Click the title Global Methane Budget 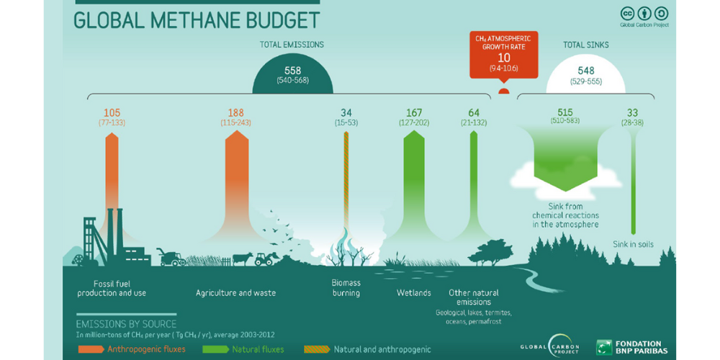pyautogui.click(x=196, y=19)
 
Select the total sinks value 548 pyautogui.click(x=585, y=71)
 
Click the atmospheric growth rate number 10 pyautogui.click(x=503, y=58)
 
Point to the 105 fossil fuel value pyautogui.click(x=111, y=112)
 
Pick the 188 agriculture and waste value pyautogui.click(x=235, y=112)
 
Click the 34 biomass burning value pyautogui.click(x=346, y=112)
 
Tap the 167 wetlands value pyautogui.click(x=414, y=112)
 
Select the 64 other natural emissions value pyautogui.click(x=473, y=112)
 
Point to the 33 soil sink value pyautogui.click(x=633, y=112)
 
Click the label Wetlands pyautogui.click(x=414, y=293)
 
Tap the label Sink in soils pyautogui.click(x=633, y=244)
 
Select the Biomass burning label pyautogui.click(x=346, y=288)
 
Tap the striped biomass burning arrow pyautogui.click(x=346, y=180)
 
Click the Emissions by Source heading pyautogui.click(x=126, y=324)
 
